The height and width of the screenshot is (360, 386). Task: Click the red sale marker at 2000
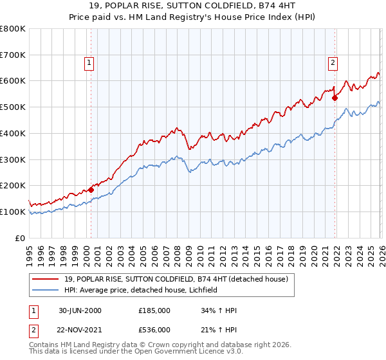[91, 190]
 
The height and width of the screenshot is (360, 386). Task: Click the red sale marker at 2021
[335, 98]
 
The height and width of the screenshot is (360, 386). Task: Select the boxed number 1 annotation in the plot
[88, 63]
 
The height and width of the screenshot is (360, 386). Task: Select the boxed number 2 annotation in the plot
[332, 63]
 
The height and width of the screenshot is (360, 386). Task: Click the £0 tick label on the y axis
[21, 238]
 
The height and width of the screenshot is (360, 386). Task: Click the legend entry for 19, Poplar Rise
[179, 278]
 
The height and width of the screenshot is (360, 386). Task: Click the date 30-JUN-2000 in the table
[80, 310]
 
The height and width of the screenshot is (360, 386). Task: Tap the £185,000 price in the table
[154, 310]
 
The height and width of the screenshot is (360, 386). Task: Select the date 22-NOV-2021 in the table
[80, 330]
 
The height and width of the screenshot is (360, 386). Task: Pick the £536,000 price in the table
[154, 330]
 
